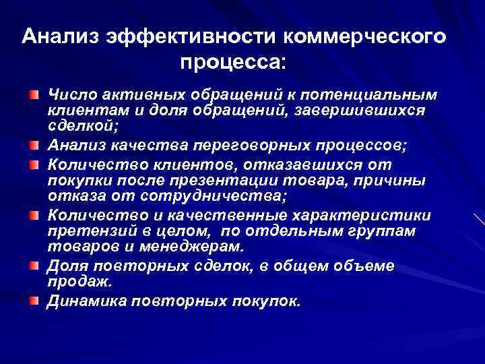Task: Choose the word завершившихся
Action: pos(375,109)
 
